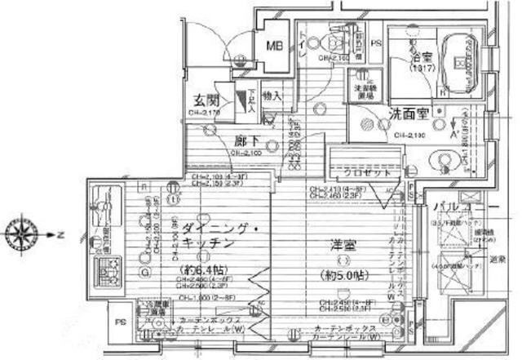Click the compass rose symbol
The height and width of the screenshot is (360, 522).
(20, 232)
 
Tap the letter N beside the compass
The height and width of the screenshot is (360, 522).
(60, 232)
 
